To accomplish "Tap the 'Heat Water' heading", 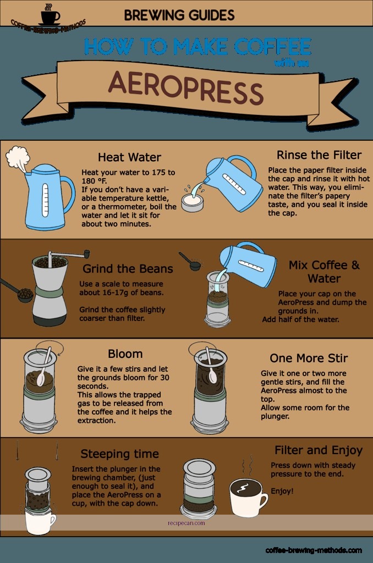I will point(129,158).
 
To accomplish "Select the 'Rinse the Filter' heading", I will point(319,154).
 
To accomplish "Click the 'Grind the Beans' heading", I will point(128,269).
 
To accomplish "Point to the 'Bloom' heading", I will point(125,354).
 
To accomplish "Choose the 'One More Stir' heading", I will point(309,358).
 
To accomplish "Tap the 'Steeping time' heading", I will point(119,454).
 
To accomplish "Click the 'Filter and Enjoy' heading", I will point(318,450).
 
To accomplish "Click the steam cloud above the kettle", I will point(18,157).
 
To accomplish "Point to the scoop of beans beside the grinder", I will point(24,295).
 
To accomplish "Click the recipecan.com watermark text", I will point(186,523).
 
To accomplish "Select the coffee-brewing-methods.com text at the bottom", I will point(314,550).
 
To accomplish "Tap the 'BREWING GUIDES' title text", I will point(179,14).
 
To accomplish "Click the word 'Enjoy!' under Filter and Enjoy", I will point(282,491).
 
